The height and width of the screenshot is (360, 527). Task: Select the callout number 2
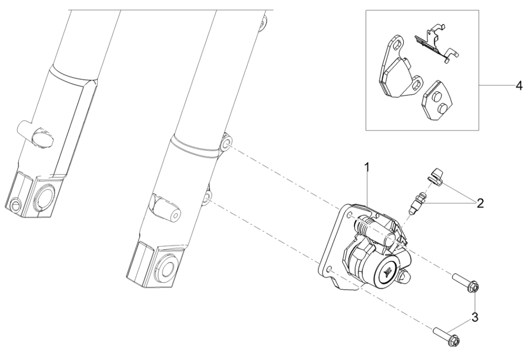click(480, 203)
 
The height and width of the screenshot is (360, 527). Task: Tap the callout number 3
click(475, 317)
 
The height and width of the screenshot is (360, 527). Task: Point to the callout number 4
click(519, 86)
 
